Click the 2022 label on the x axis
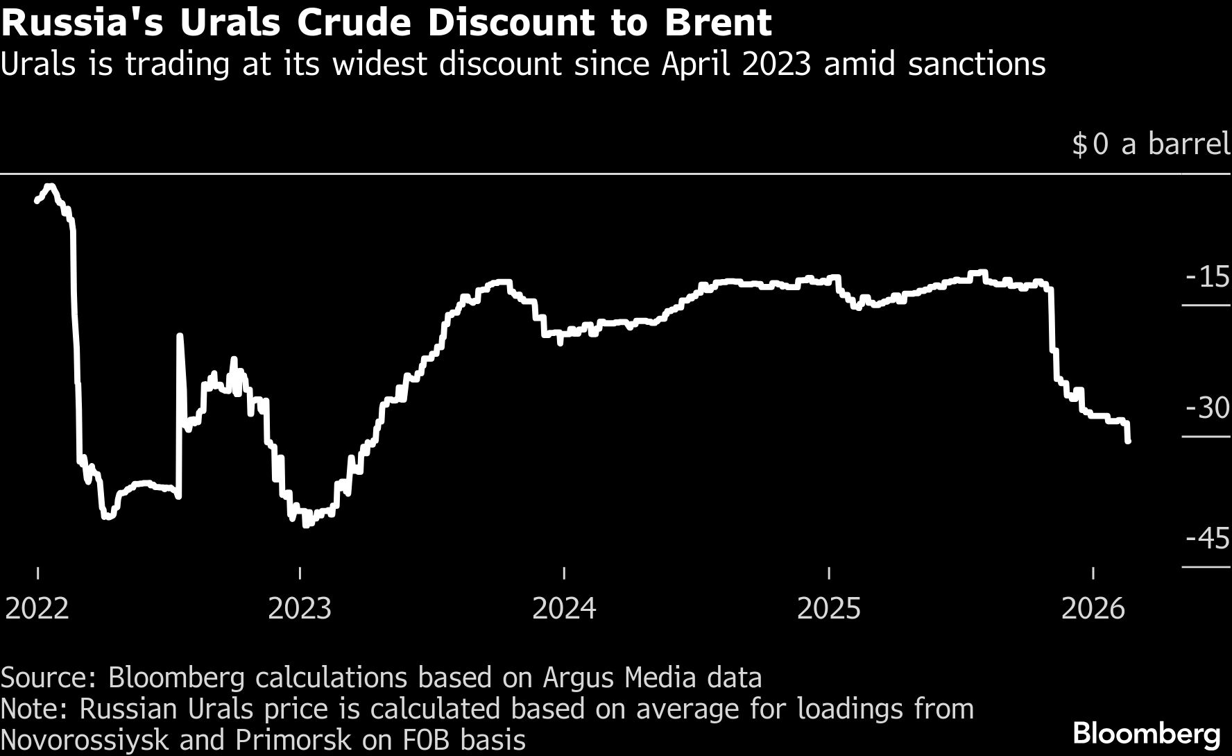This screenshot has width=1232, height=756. (37, 608)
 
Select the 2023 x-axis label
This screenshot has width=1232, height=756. (300, 608)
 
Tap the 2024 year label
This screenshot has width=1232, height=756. (564, 608)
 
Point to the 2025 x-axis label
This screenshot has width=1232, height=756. (829, 608)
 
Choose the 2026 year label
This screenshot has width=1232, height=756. (1093, 608)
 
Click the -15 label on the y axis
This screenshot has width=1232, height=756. (1208, 277)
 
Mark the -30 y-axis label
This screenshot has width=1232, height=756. (1208, 408)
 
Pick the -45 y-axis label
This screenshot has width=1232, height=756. (1208, 539)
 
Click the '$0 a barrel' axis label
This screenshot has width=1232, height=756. (1151, 144)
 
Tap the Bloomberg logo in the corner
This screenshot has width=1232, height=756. (1147, 734)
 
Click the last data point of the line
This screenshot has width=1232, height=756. (1129, 440)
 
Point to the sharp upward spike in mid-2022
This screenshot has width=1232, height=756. (180, 337)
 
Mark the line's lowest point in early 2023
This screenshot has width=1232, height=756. (305, 525)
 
